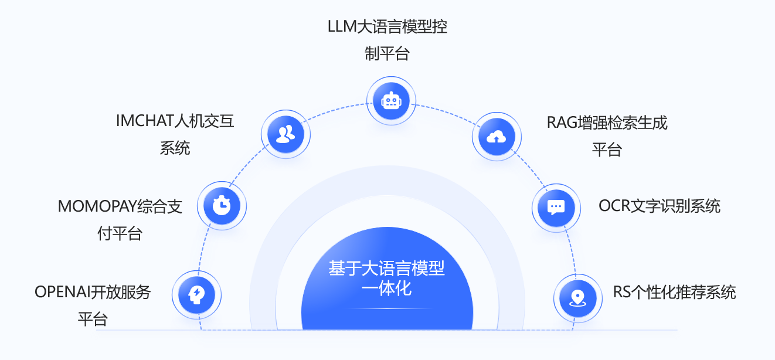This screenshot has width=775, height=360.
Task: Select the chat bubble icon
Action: tap(556, 207)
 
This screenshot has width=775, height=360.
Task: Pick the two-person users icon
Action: tap(285, 135)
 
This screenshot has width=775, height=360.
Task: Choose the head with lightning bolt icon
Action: tap(196, 294)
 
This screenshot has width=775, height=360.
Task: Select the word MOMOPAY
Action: tap(97, 207)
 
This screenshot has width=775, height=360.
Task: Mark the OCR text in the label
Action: tap(613, 206)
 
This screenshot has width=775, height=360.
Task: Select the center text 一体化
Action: tap(386, 288)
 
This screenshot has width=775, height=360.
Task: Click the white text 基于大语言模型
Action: tap(386, 269)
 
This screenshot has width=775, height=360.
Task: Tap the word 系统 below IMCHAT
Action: tap(175, 148)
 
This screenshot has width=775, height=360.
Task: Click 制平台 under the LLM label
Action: tap(386, 55)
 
